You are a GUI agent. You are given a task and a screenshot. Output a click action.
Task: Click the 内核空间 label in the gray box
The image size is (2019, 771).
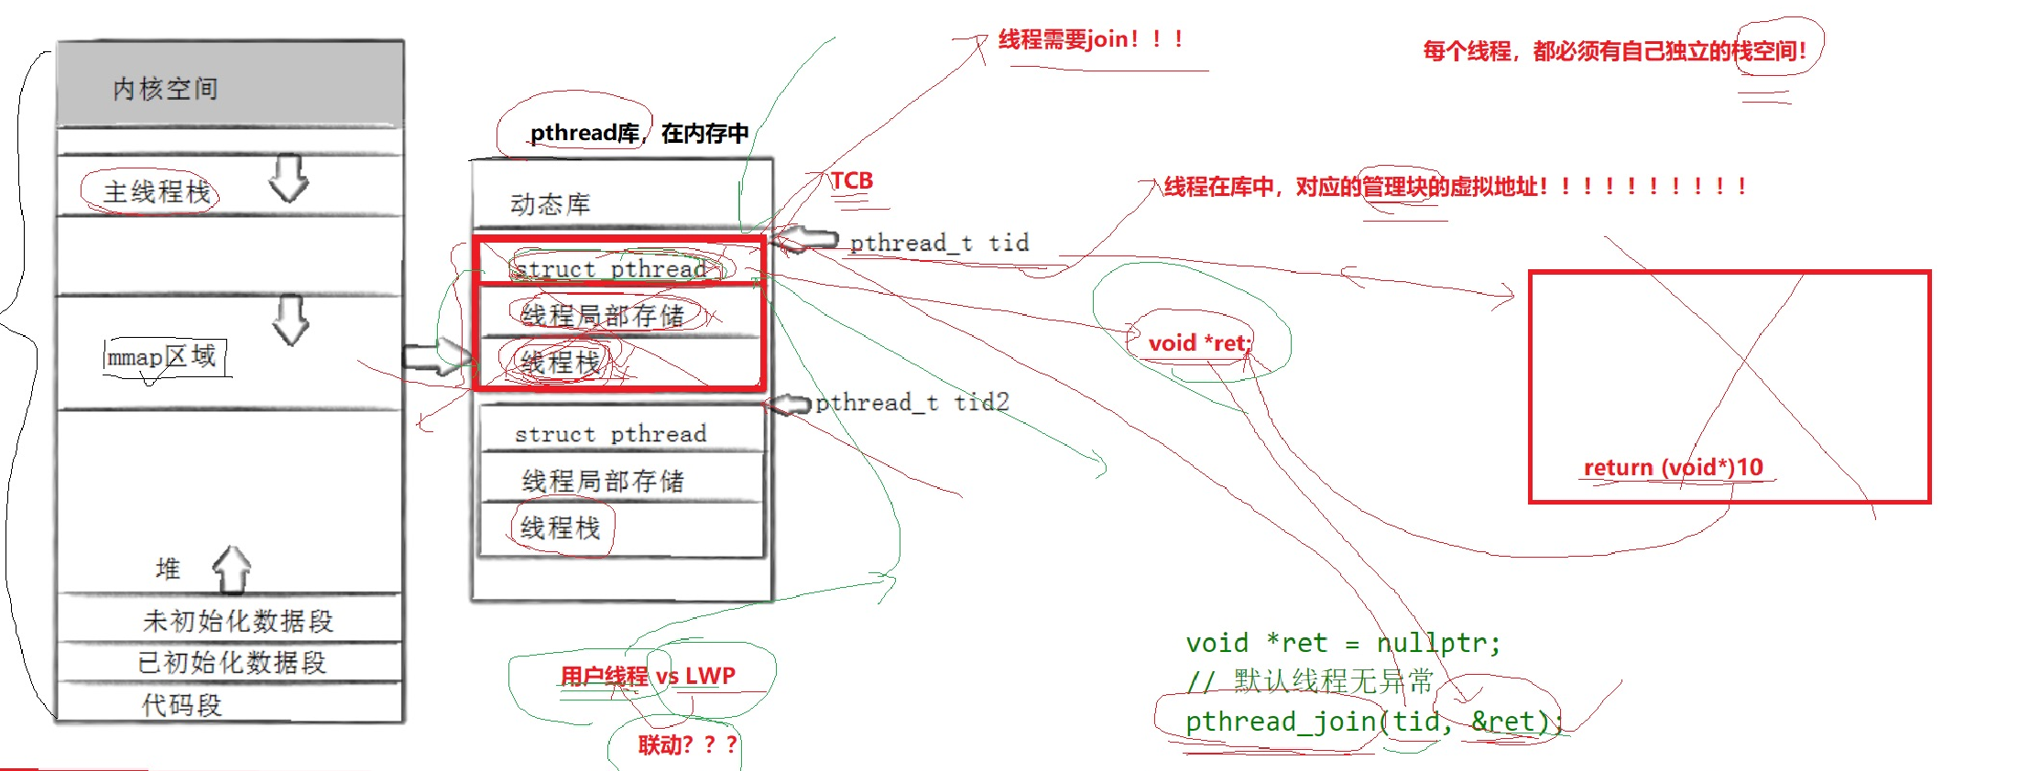[x=166, y=89]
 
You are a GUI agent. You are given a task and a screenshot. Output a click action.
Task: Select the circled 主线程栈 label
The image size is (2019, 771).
[x=157, y=192]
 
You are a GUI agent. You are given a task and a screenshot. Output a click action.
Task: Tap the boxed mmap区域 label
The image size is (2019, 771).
[x=162, y=356]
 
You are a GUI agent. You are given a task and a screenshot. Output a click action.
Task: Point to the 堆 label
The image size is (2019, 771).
[x=168, y=569]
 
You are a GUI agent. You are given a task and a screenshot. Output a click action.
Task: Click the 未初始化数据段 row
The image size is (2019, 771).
[x=237, y=621]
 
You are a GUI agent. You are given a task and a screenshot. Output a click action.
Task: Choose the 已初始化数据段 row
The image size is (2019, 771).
[x=232, y=662]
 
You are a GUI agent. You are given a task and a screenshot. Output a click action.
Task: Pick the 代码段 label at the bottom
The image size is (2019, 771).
[x=181, y=704]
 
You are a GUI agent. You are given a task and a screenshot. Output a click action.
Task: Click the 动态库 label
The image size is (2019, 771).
[x=551, y=204]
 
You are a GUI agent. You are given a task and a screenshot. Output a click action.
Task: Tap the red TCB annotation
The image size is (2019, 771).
[x=852, y=180]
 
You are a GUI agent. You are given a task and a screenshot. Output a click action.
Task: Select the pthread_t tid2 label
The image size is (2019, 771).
[x=912, y=402]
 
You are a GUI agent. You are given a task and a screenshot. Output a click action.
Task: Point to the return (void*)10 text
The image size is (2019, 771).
[x=1673, y=467]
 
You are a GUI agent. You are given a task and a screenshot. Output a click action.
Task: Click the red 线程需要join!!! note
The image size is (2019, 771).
[x=1090, y=39]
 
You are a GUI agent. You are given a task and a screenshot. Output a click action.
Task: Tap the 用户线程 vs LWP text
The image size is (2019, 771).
[x=648, y=676]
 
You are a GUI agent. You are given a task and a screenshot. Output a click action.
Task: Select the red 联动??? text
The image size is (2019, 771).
[x=687, y=744]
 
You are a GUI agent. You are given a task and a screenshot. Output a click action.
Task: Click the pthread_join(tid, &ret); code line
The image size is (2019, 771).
[x=1372, y=722]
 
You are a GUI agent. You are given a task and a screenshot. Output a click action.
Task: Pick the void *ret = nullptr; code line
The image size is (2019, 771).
[x=1343, y=643]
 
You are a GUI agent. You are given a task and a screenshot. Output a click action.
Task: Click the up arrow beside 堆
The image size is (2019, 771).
[x=232, y=569]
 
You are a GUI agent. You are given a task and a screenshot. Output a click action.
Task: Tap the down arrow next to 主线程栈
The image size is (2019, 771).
[x=289, y=178]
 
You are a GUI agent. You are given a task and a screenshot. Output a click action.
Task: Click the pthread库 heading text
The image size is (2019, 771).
[x=584, y=134]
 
